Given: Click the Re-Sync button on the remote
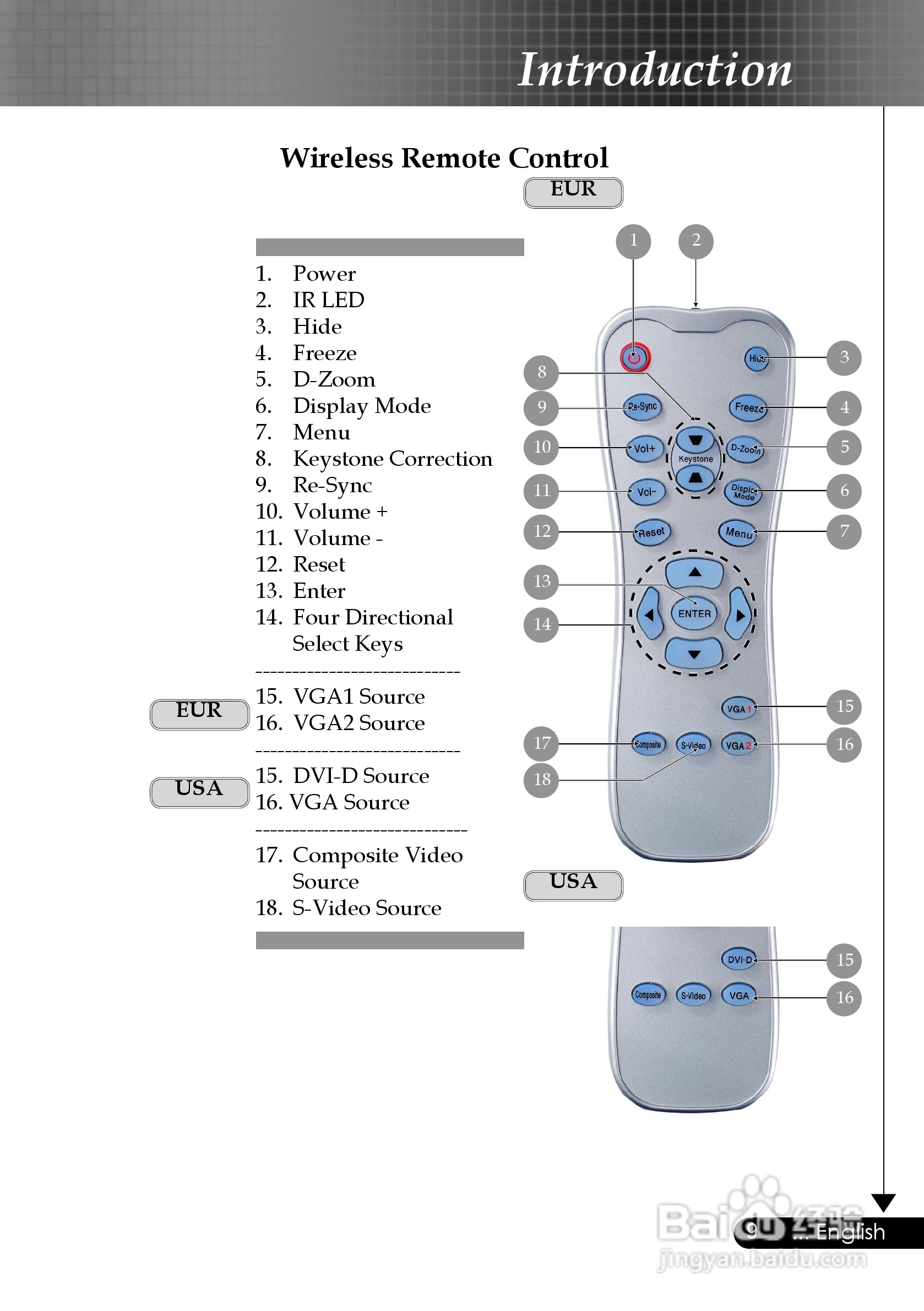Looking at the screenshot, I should pyautogui.click(x=643, y=407).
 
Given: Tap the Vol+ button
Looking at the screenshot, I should pyautogui.click(x=645, y=449).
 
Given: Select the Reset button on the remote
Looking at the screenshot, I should pyautogui.click(x=651, y=533).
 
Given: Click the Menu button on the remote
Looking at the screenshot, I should pyautogui.click(x=738, y=533).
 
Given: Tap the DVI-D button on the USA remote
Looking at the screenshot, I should pyautogui.click(x=739, y=960).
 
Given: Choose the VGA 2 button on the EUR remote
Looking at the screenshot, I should pyautogui.click(x=738, y=745).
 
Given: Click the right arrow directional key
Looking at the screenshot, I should pyautogui.click(x=739, y=615).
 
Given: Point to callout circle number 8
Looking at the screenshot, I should pyautogui.click(x=541, y=372).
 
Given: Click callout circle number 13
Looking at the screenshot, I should pyautogui.click(x=541, y=582).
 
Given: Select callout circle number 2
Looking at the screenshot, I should pyautogui.click(x=695, y=241).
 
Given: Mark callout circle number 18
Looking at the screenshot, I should pyautogui.click(x=541, y=780).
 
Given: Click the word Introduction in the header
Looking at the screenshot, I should pyautogui.click(x=654, y=70).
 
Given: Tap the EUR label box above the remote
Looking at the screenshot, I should pyautogui.click(x=573, y=192).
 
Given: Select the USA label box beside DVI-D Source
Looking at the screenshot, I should pyautogui.click(x=199, y=792).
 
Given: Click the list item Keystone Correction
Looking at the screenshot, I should pyautogui.click(x=392, y=459).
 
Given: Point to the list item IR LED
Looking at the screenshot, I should pyautogui.click(x=328, y=300).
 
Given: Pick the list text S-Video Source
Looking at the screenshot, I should pyautogui.click(x=367, y=908).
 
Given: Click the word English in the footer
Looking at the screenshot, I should pyautogui.click(x=850, y=1232).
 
